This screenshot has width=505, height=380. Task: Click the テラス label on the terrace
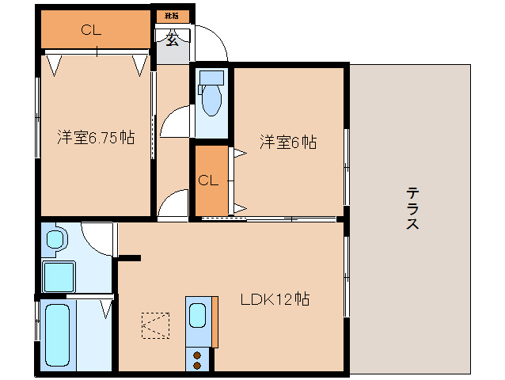[x=412, y=208]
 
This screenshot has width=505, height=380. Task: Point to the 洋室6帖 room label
[x=289, y=142]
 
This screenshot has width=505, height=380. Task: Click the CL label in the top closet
[x=92, y=31]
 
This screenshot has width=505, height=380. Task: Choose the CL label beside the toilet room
[x=208, y=180]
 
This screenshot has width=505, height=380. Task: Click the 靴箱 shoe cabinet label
[x=171, y=16]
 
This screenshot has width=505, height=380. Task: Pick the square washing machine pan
[x=59, y=276]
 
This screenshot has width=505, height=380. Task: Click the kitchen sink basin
[x=198, y=317]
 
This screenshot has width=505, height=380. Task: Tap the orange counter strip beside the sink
[x=214, y=322]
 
